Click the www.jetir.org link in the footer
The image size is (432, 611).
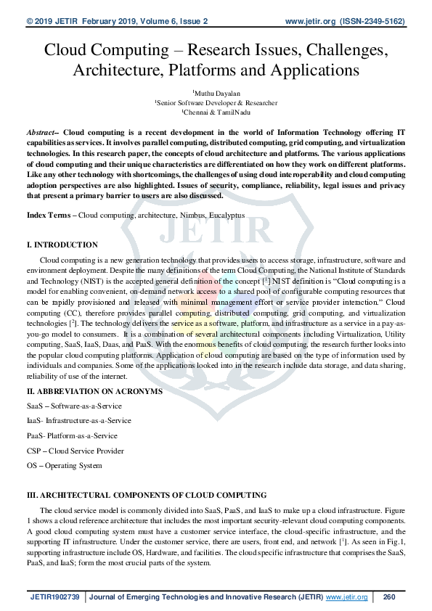pyautogui.click(x=346, y=596)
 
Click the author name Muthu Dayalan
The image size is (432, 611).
pyautogui.click(x=216, y=93)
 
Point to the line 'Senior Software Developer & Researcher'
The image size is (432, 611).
pyautogui.click(x=216, y=103)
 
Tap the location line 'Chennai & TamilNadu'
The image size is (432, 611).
pyautogui.click(x=216, y=113)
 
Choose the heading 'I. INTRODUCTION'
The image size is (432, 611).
pyautogui.click(x=62, y=245)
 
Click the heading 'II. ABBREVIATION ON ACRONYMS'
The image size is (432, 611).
pyautogui.click(x=94, y=392)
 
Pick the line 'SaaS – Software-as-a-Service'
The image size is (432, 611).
pyautogui.click(x=74, y=406)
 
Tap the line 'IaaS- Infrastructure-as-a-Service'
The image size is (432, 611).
pyautogui.click(x=79, y=421)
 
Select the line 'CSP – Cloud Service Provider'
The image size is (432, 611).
pyautogui.click(x=76, y=451)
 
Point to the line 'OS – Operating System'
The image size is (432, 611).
pyautogui.click(x=65, y=465)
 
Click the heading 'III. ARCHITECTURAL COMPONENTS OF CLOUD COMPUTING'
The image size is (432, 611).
pyautogui.click(x=147, y=495)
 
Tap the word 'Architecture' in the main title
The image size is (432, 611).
pyautogui.click(x=117, y=70)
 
